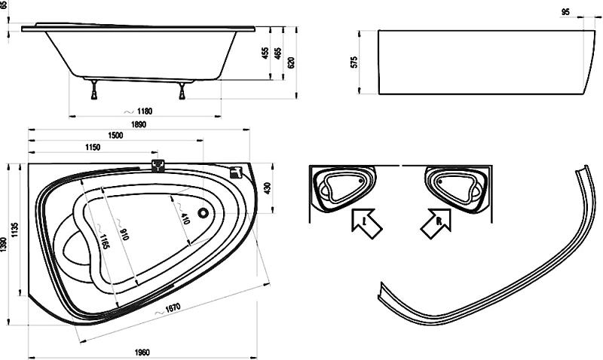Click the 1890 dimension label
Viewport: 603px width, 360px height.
[139, 124]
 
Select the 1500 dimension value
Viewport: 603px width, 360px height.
[115, 136]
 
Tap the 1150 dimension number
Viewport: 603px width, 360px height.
[92, 147]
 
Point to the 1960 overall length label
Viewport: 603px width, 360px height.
[142, 352]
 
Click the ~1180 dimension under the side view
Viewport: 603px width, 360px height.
[139, 111]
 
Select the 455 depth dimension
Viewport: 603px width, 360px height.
[265, 53]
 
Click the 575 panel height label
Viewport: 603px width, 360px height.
[354, 62]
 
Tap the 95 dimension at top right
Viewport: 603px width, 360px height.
[565, 12]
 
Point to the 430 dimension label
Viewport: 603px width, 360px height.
[268, 188]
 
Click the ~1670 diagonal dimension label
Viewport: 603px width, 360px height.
[167, 310]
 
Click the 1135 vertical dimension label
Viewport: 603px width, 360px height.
[14, 230]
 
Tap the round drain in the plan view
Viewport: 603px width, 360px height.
[203, 212]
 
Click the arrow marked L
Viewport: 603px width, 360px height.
[366, 223]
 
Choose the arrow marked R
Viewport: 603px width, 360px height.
[436, 223]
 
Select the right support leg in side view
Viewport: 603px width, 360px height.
[182, 90]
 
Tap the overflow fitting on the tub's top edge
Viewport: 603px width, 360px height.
[158, 166]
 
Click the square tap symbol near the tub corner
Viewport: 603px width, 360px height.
[235, 172]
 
